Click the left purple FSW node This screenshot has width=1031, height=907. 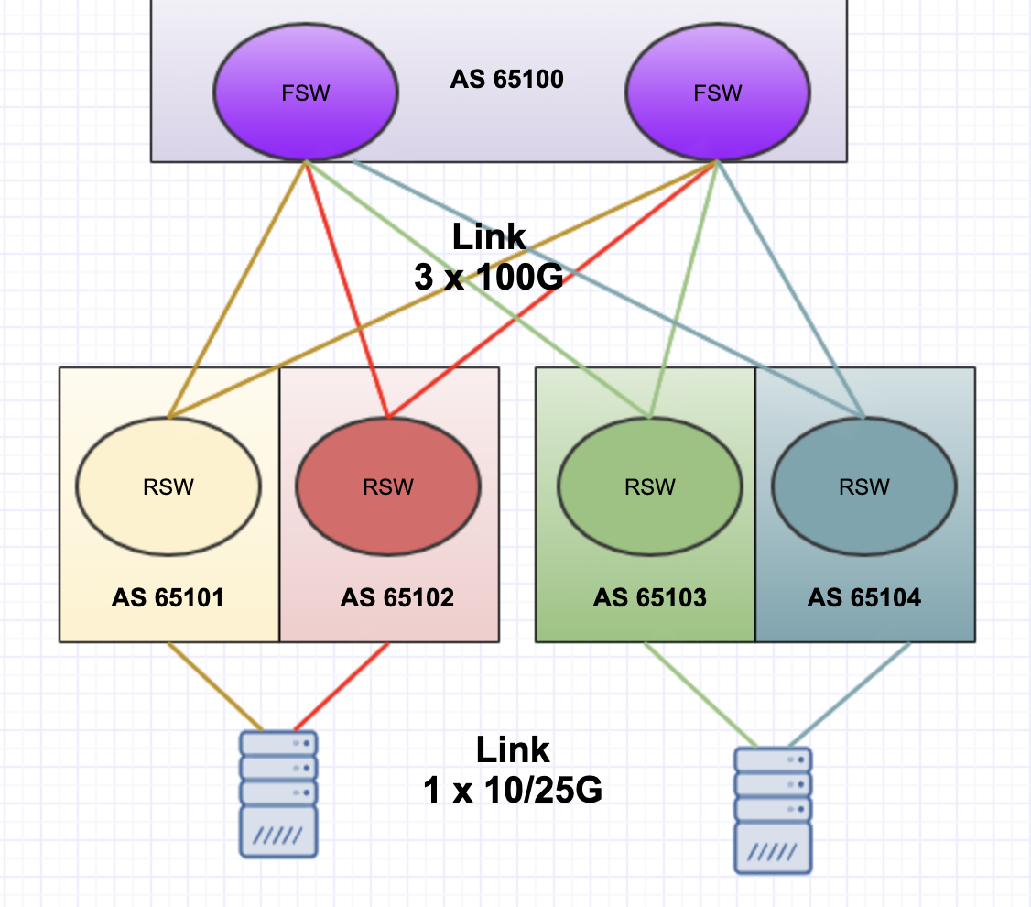[x=305, y=93]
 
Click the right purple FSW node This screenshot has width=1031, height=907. [x=717, y=93]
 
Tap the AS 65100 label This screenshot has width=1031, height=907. [x=506, y=79]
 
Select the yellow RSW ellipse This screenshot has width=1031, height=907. [x=168, y=486]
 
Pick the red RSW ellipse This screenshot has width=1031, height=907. [x=388, y=486]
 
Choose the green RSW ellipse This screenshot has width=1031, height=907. [x=649, y=486]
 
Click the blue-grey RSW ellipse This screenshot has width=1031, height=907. [x=864, y=486]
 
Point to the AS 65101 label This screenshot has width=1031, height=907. [x=168, y=598]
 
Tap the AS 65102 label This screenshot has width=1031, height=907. [x=396, y=598]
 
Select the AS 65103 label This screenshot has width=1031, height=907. [x=649, y=598]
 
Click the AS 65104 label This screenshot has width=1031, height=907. [x=864, y=598]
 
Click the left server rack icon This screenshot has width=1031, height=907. [x=279, y=792]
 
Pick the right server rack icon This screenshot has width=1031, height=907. [x=773, y=809]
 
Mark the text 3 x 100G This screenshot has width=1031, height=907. [x=488, y=277]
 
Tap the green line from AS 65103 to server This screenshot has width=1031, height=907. [x=700, y=694]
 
